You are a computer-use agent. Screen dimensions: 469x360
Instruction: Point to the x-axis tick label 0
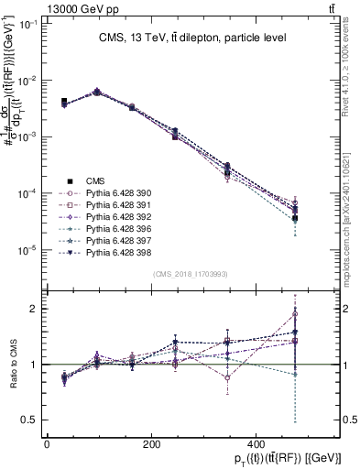point(46,443)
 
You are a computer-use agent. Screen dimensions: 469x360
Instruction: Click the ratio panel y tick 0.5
point(30,420)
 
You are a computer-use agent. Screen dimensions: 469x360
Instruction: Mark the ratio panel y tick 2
point(34,309)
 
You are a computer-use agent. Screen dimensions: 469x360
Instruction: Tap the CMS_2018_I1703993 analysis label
point(191,274)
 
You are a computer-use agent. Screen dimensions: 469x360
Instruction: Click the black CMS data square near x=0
point(63,102)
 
